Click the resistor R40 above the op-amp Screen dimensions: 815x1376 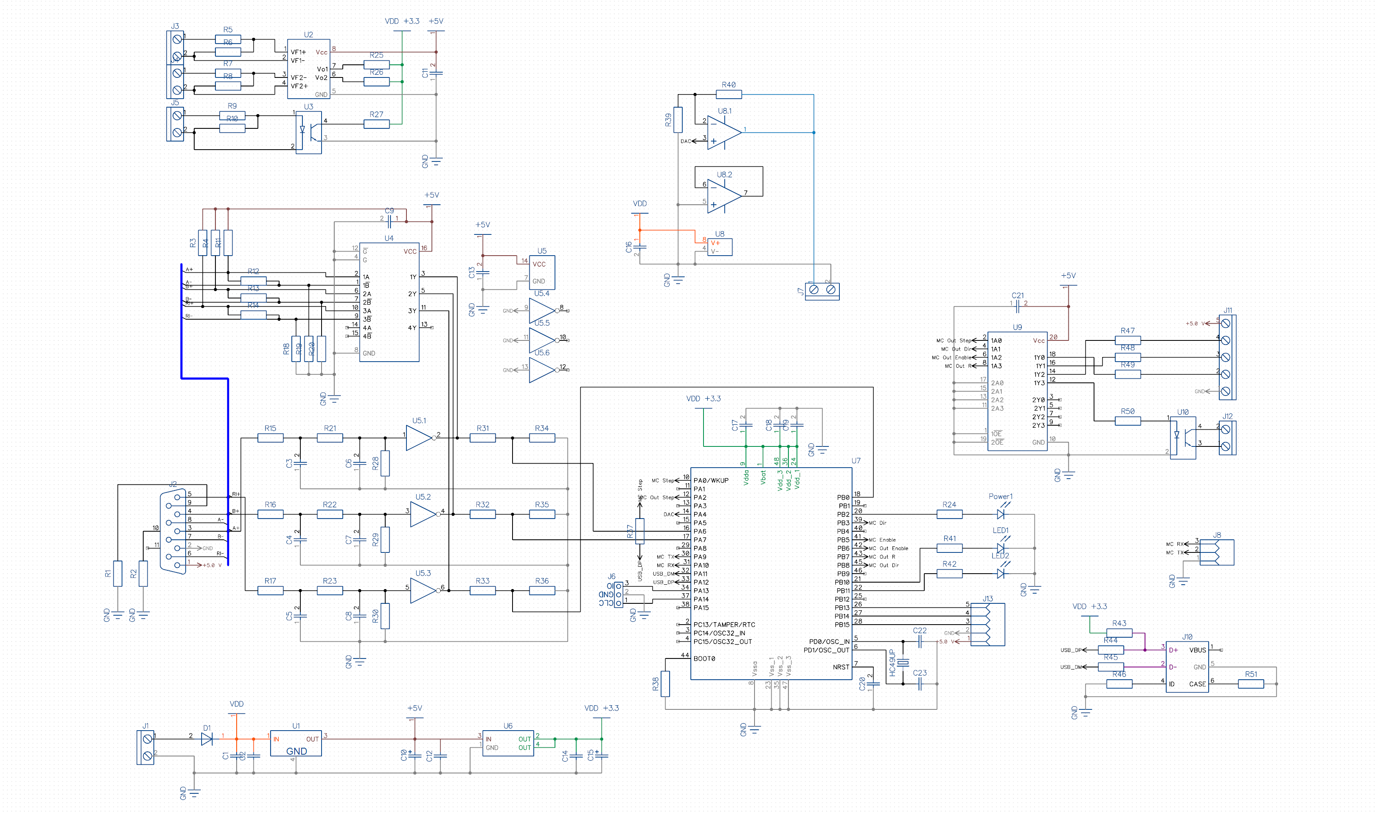pyautogui.click(x=729, y=95)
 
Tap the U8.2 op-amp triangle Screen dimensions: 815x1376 pyautogui.click(x=723, y=196)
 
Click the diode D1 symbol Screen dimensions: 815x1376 pyautogui.click(x=206, y=739)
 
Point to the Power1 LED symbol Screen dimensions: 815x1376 pyautogui.click(x=1000, y=514)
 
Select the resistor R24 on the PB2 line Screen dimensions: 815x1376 pyautogui.click(x=949, y=514)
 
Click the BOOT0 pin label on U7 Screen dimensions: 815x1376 pyautogui.click(x=704, y=658)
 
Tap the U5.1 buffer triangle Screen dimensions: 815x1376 pyautogui.click(x=419, y=438)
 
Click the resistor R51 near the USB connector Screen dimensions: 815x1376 pyautogui.click(x=1251, y=684)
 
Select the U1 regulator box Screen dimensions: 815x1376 pyautogui.click(x=295, y=743)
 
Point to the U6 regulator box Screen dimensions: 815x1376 pyautogui.click(x=508, y=743)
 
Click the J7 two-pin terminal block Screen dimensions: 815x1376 pyautogui.click(x=822, y=289)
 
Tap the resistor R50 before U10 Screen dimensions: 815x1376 pyautogui.click(x=1127, y=421)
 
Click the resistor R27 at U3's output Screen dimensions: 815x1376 pyautogui.click(x=376, y=124)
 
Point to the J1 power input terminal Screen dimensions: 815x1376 pyautogui.click(x=146, y=747)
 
